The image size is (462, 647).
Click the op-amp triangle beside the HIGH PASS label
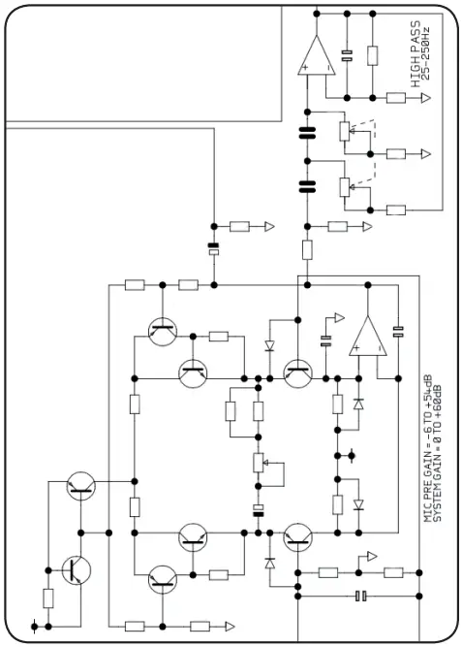coord(318,55)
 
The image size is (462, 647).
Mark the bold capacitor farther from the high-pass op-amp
coord(309,184)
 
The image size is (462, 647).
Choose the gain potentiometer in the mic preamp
coord(259,466)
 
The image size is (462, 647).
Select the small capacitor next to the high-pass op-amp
coord(347,55)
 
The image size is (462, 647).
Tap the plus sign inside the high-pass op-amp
coord(307,68)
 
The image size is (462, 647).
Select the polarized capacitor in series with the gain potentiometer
coord(259,510)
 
